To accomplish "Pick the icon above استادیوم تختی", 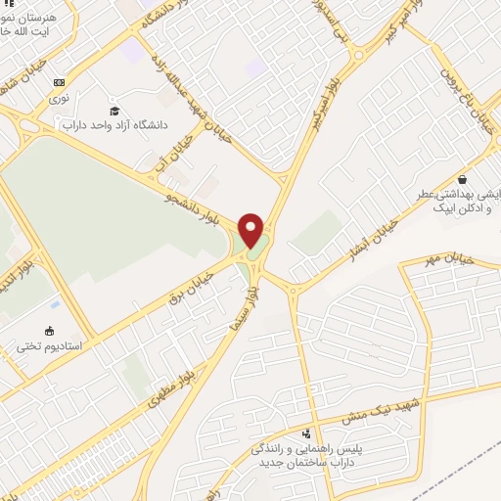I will click(49, 331).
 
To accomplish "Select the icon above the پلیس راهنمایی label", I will click(308, 433).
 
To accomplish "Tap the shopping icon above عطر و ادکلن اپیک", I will click(461, 180).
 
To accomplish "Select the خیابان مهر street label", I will click(449, 259).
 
